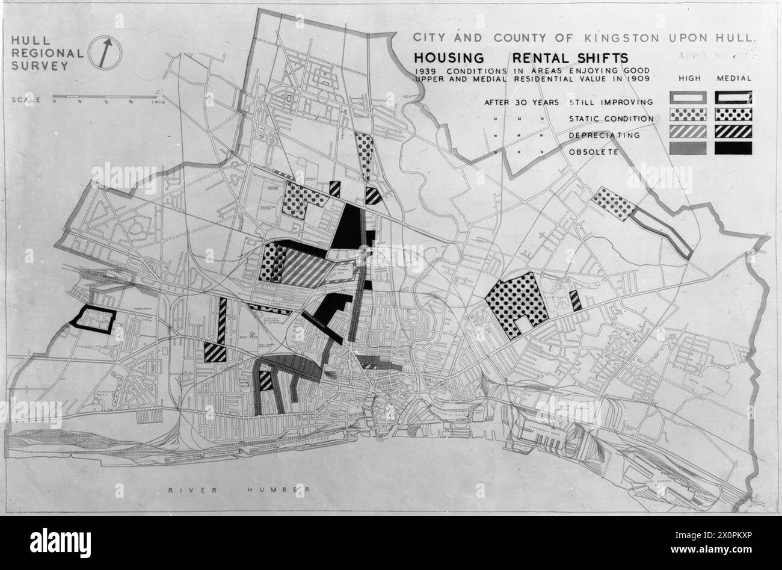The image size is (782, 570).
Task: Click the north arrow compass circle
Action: point(105,53)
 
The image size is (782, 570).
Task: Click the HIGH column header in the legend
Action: point(689,79)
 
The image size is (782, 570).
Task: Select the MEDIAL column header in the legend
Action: point(734,79)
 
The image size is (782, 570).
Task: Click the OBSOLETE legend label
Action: point(594,152)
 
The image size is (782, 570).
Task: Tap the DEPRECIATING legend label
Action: point(604,135)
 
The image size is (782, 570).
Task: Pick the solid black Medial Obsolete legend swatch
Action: point(733,148)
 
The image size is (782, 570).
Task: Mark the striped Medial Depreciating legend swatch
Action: point(733,131)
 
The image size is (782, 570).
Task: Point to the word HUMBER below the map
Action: point(278,489)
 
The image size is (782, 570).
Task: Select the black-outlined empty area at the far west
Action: point(93,319)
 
